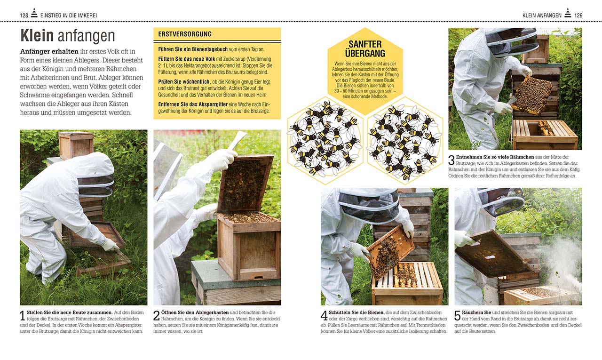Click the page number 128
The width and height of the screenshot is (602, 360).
pyautogui.click(x=24, y=16)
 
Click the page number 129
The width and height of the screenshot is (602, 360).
pyautogui.click(x=578, y=16)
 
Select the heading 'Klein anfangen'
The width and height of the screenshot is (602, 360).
pyautogui.click(x=67, y=36)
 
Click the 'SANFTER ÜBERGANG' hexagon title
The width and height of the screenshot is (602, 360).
pyautogui.click(x=365, y=49)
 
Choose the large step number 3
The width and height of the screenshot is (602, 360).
pyautogui.click(x=451, y=160)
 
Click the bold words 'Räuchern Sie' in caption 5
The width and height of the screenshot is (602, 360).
pyautogui.click(x=477, y=312)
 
